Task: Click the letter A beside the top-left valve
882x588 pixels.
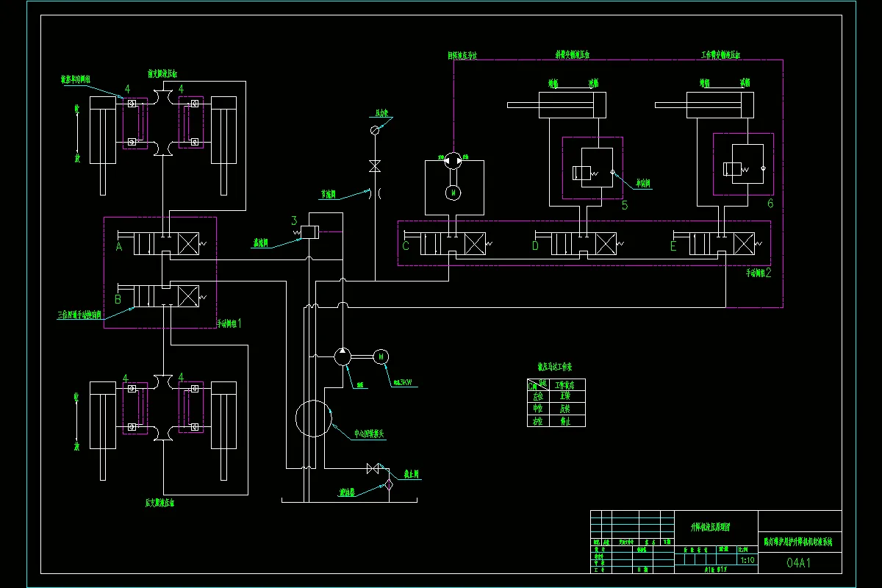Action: coord(118,247)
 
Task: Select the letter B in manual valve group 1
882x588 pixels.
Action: coord(118,299)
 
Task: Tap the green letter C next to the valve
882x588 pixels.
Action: coord(405,246)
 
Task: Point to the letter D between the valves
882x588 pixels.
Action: coord(535,246)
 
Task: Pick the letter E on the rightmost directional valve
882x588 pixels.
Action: coord(673,246)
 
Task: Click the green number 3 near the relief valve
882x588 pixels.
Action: coord(294,220)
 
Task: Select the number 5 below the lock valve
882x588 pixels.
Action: coord(625,205)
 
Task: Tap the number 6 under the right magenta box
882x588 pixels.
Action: coord(770,203)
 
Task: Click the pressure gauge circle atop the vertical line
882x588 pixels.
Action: coord(374,130)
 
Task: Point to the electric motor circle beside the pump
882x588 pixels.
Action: coord(381,356)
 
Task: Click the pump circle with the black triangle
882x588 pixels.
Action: coord(343,356)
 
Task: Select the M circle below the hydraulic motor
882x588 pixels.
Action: coord(454,192)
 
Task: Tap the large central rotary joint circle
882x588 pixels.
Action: coord(314,419)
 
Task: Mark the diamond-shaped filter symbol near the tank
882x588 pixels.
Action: coord(389,483)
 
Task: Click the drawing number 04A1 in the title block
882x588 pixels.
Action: coord(799,563)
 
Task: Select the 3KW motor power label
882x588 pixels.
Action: coord(402,381)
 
